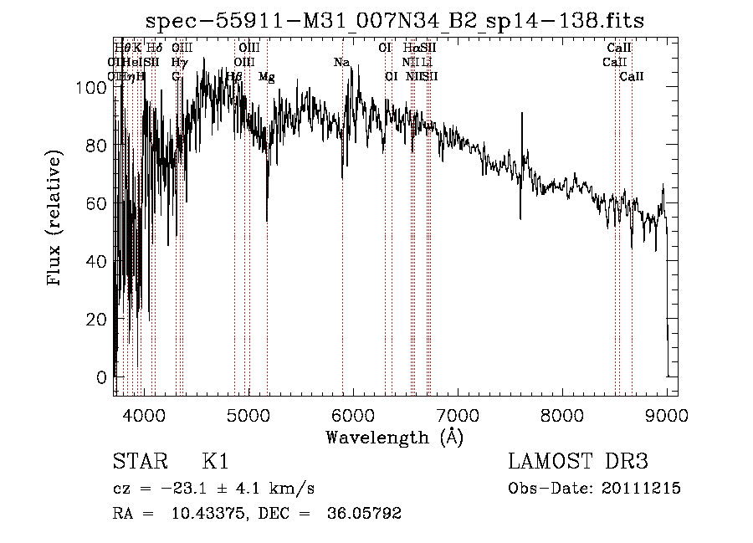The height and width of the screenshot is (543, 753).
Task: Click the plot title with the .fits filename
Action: click(x=396, y=20)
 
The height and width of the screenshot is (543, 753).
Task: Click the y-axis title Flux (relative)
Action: click(x=56, y=219)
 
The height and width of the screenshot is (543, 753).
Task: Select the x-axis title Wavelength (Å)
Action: click(x=394, y=437)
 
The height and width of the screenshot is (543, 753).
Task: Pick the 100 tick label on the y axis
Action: click(x=95, y=86)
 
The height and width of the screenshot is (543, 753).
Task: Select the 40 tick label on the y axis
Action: click(x=99, y=261)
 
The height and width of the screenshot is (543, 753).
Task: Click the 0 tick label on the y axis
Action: click(x=103, y=377)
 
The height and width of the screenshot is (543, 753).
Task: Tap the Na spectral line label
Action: click(x=341, y=63)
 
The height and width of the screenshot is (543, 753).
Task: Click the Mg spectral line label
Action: click(x=266, y=77)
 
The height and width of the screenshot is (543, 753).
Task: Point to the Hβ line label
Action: click(x=234, y=77)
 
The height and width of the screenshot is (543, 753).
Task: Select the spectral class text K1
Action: click(x=215, y=462)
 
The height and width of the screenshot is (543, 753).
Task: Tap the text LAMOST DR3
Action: click(x=578, y=462)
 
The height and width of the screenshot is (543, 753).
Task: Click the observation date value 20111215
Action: click(x=642, y=489)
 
